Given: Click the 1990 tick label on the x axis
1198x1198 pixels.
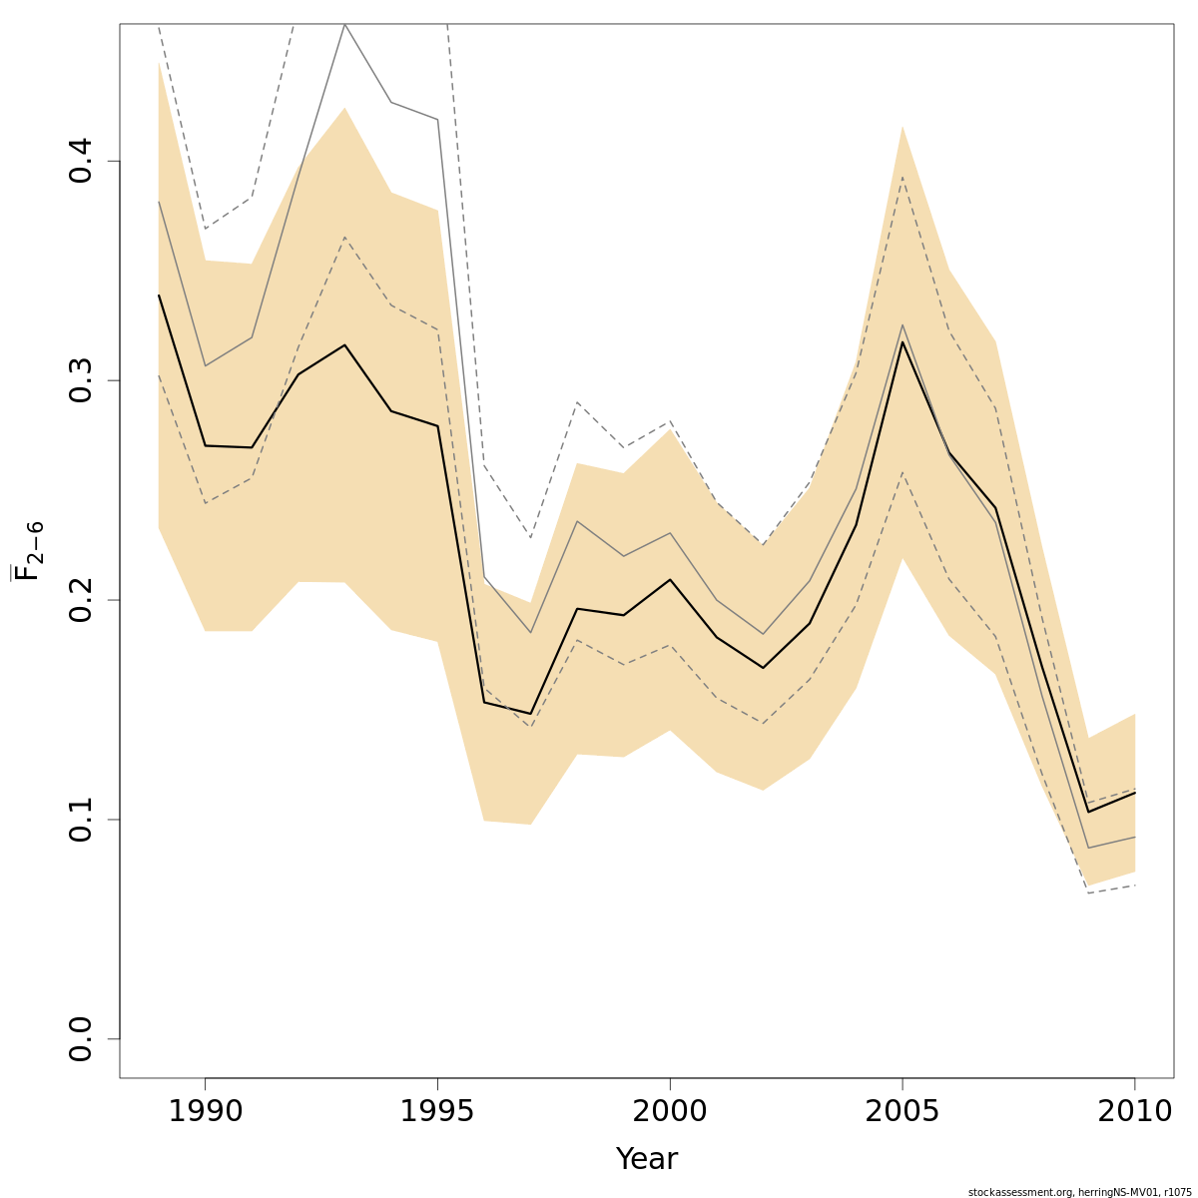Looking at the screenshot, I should (x=205, y=1111).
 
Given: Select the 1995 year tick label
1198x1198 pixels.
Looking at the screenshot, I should (x=437, y=1111).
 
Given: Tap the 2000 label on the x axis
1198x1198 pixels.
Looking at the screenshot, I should (x=669, y=1111).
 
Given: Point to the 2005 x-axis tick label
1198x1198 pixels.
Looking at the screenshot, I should (x=902, y=1111).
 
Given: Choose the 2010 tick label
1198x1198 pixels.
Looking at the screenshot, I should (x=1134, y=1111).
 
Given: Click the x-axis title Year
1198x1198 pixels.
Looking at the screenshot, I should (x=646, y=1159).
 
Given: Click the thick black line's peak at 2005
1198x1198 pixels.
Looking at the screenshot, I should (x=902, y=342).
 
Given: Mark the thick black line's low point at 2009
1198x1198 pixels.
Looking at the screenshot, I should (x=1088, y=812).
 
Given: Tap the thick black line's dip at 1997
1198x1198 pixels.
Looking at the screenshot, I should (x=530, y=714).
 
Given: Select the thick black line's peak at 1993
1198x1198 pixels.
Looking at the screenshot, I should (x=344, y=345).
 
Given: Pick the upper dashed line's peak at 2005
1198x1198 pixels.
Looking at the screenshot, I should (x=902, y=178).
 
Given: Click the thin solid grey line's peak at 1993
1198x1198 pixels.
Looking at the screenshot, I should (x=344, y=25).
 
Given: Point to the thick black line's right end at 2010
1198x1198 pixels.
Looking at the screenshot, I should (x=1135, y=793).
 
